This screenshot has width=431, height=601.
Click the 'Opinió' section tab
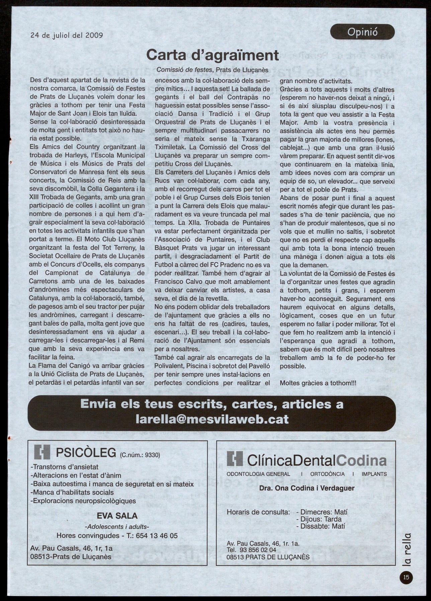pyautogui.click(x=362, y=32)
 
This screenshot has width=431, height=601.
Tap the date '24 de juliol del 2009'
pyautogui.click(x=67, y=35)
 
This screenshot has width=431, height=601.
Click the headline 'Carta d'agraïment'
pyautogui.click(x=212, y=55)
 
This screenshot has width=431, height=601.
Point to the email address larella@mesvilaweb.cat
pyautogui.click(x=212, y=419)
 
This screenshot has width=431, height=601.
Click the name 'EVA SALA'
pyautogui.click(x=117, y=516)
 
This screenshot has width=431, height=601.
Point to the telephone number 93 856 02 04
pyautogui.click(x=256, y=550)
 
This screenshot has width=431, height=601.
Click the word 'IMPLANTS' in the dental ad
pyautogui.click(x=374, y=474)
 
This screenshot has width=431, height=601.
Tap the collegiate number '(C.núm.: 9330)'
pyautogui.click(x=140, y=455)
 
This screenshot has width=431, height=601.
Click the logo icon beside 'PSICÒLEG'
pyautogui.click(x=42, y=452)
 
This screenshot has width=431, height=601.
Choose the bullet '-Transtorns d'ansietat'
pyautogui.click(x=64, y=466)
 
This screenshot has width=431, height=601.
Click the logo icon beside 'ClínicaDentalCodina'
pyautogui.click(x=234, y=459)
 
